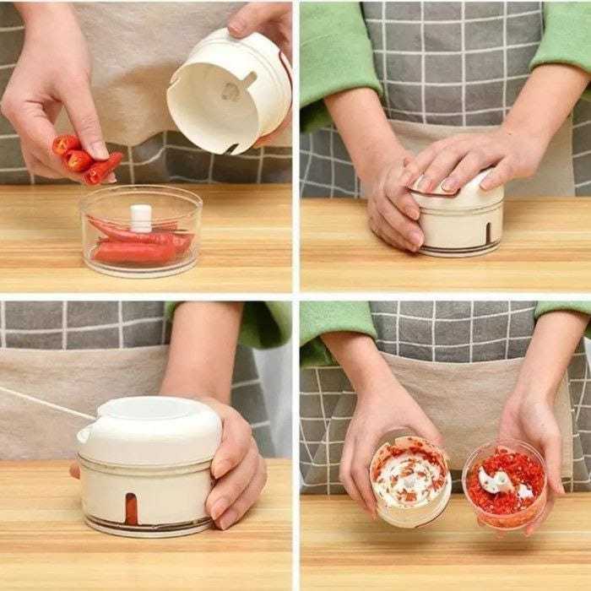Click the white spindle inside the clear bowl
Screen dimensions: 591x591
(141, 217)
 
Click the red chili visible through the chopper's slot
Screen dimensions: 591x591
(131, 507)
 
